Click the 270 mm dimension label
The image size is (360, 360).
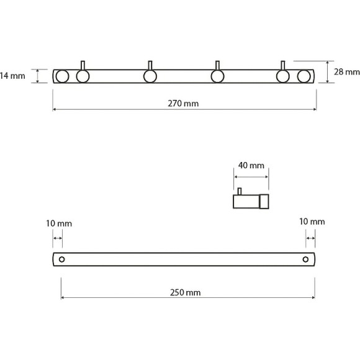(183, 104)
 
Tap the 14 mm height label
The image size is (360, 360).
(12, 76)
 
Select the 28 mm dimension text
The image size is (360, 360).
(347, 72)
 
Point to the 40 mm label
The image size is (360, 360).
(251, 165)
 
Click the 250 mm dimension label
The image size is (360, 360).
(186, 292)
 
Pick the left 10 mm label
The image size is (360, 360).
(59, 223)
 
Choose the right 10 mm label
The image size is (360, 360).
(312, 222)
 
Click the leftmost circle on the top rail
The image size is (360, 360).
(62, 76)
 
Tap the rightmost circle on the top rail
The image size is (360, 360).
(304, 76)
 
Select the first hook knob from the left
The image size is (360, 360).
(83, 76)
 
